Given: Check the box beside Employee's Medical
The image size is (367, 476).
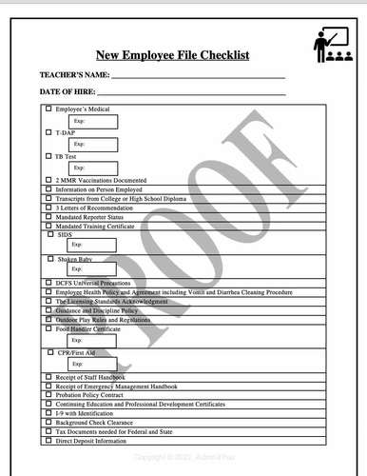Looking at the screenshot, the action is pyautogui.click(x=49, y=109).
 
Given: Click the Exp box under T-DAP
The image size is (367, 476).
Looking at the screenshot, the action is pyautogui.click(x=92, y=144).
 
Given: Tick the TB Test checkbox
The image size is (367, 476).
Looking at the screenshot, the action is pyautogui.click(x=49, y=156).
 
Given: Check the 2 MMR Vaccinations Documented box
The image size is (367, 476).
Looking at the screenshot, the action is pyautogui.click(x=49, y=180).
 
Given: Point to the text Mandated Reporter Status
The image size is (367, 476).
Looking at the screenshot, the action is pyautogui.click(x=89, y=216).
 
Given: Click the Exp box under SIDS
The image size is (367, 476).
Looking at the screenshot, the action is pyautogui.click(x=92, y=246).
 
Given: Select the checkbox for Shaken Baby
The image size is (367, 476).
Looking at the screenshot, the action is pyautogui.click(x=50, y=258).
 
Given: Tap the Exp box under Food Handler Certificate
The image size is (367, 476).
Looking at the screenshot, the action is pyautogui.click(x=92, y=340).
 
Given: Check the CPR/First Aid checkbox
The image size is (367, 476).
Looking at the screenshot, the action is pyautogui.click(x=49, y=352).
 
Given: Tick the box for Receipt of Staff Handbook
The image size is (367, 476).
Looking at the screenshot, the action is pyautogui.click(x=49, y=377).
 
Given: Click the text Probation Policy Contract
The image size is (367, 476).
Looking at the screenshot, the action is pyautogui.click(x=96, y=395).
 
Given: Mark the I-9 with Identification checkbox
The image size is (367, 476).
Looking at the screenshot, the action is pyautogui.click(x=49, y=413).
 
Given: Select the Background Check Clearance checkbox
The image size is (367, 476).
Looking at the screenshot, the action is pyautogui.click(x=49, y=423).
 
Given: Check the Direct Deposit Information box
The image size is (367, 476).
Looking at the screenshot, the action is pyautogui.click(x=49, y=441).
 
